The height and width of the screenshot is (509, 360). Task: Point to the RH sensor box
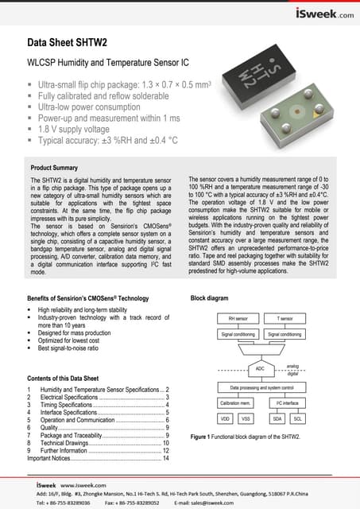click(236, 317)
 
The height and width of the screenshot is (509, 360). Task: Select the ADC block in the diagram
click(260, 368)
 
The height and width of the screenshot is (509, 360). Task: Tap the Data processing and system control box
click(261, 387)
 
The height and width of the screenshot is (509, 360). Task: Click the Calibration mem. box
click(235, 403)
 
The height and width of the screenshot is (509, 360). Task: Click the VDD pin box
click(225, 417)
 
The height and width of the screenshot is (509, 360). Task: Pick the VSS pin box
click(246, 417)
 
